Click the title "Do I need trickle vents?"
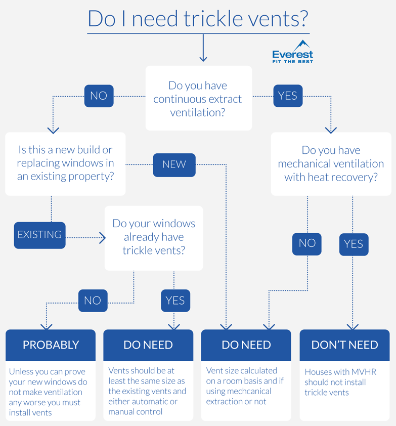tap(198, 18)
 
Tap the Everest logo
tap(293, 52)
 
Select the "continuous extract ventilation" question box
tap(198, 99)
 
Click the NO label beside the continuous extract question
tap(99, 96)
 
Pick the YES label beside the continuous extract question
tap(288, 96)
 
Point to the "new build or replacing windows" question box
tap(65, 163)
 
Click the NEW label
tap(174, 164)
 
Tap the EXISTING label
tap(39, 235)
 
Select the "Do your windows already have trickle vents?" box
tap(154, 237)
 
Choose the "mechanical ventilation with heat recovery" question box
tap(331, 163)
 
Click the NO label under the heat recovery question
tap(307, 243)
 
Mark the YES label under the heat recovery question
tap(354, 244)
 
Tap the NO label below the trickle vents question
tap(93, 301)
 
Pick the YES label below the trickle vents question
tap(175, 301)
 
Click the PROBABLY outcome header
tap(51, 345)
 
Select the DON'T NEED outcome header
tap(344, 345)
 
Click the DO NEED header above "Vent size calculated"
tap(246, 345)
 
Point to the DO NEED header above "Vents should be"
tap(148, 345)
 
